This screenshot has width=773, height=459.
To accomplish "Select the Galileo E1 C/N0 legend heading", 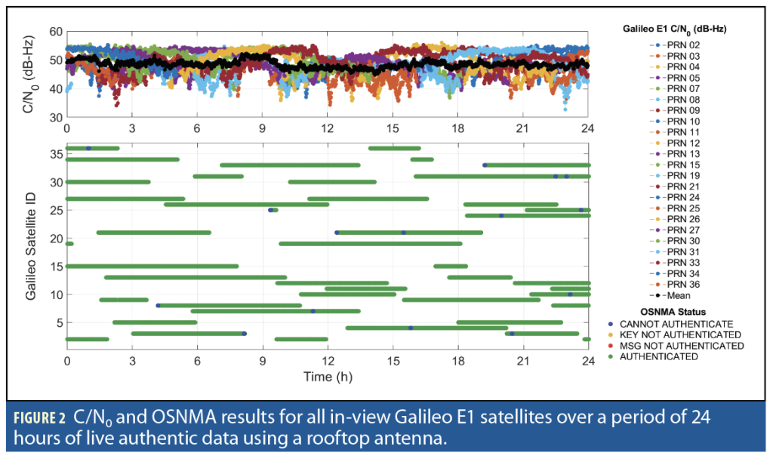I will (676, 28).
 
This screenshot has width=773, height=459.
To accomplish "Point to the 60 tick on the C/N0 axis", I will (54, 32).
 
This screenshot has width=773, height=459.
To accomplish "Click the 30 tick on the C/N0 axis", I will (54, 118).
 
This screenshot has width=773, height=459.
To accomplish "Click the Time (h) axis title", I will (328, 375).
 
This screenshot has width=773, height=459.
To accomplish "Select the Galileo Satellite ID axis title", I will (31, 244).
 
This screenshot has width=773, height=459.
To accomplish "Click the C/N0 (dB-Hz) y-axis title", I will (29, 74).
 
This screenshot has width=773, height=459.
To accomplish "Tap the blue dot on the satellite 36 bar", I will (88, 148).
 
